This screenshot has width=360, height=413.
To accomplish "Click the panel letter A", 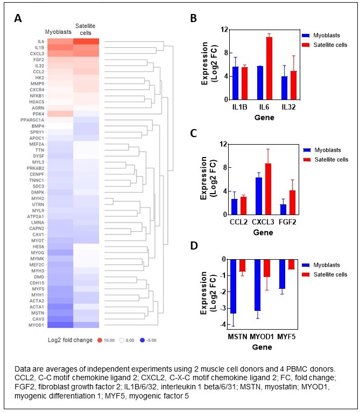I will (18, 18).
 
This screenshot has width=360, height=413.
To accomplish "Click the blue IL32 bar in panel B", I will (285, 88).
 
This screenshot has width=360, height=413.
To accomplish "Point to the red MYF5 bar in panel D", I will (291, 264).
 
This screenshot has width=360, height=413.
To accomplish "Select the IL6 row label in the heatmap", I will (41, 41).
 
